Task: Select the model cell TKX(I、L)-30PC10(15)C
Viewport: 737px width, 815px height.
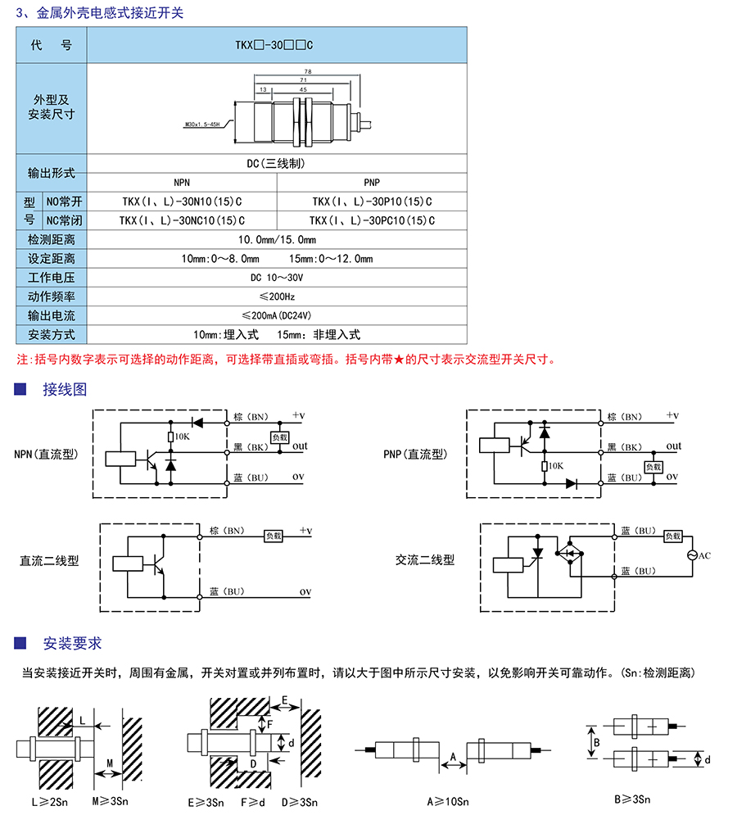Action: (372, 220)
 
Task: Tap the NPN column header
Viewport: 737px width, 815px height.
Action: (182, 183)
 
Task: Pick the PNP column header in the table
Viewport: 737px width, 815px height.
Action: (372, 183)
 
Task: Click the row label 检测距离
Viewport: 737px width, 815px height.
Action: (52, 240)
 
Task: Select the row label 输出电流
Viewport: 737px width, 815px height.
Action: (52, 315)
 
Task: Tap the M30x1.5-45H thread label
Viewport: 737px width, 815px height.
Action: (202, 125)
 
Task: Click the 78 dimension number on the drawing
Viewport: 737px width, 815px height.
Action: (307, 71)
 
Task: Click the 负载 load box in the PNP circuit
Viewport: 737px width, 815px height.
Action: (653, 467)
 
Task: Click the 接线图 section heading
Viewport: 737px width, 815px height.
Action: (65, 388)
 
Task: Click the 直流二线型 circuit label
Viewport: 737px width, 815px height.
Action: (50, 561)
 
